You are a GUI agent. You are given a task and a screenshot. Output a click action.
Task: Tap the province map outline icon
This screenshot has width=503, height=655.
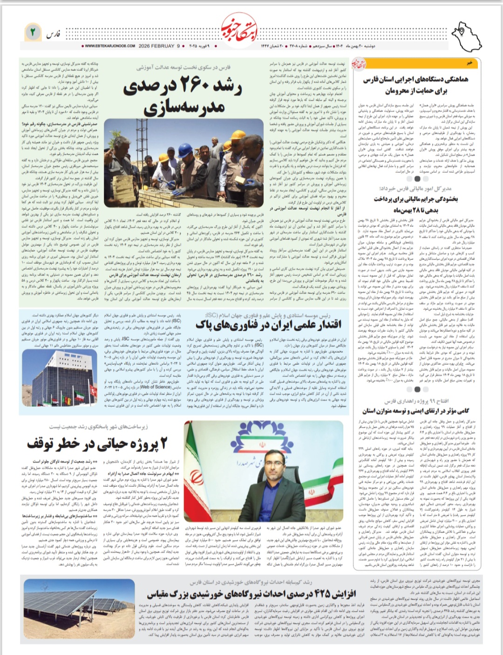point(467,34)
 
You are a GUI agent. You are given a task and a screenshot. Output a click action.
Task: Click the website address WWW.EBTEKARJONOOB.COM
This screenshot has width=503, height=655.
point(110,46)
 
